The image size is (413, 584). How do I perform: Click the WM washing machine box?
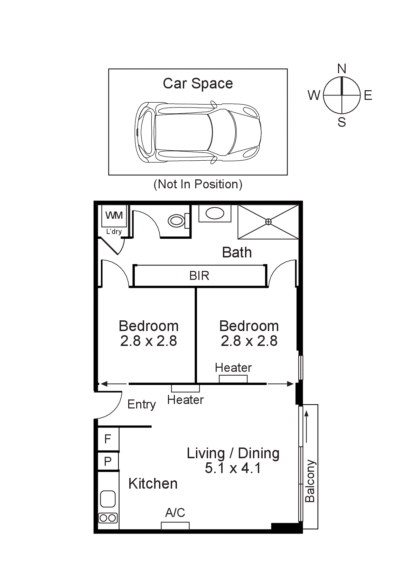(x=114, y=216)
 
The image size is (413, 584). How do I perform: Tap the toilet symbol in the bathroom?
(x=177, y=220)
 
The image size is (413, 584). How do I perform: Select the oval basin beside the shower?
(x=215, y=213)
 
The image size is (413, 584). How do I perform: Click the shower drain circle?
(x=268, y=222)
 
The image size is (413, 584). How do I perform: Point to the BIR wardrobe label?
(x=199, y=276)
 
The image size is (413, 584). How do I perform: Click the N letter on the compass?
(x=341, y=69)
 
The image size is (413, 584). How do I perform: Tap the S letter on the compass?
(x=341, y=122)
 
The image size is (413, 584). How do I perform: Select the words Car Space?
(x=198, y=84)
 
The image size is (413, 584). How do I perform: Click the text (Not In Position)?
(x=198, y=184)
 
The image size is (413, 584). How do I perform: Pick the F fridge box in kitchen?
(x=108, y=439)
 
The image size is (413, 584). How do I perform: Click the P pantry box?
(x=108, y=461)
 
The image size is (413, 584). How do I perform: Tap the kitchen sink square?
(x=108, y=499)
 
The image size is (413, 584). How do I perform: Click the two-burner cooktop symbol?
(x=108, y=518)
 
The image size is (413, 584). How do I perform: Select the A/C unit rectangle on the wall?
(x=175, y=526)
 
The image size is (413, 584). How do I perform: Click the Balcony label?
(x=310, y=481)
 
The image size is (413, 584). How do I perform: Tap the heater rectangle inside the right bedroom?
(x=233, y=379)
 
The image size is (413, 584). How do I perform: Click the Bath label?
(x=237, y=253)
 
